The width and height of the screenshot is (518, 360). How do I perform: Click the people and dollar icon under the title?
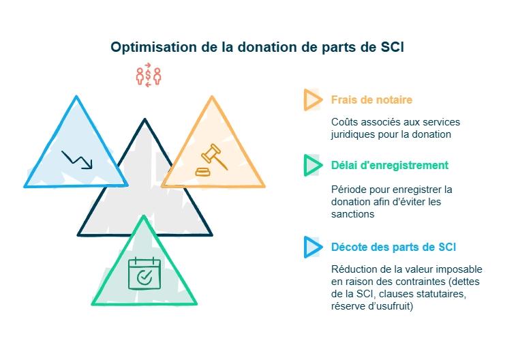148,75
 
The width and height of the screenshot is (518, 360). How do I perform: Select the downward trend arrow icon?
76,159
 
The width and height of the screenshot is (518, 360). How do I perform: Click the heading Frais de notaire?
371,100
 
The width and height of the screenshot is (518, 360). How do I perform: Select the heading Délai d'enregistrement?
389,165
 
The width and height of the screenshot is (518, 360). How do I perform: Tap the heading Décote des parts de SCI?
393,247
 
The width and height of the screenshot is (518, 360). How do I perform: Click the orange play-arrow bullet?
312,100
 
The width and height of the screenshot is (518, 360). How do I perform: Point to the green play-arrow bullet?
312,165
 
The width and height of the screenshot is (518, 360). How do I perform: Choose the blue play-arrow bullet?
312,247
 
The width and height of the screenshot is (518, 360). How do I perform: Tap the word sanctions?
352,213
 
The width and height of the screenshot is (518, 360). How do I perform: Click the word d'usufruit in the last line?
394,306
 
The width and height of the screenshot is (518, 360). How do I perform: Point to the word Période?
350,189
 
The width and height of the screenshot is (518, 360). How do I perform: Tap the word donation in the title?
262,48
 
